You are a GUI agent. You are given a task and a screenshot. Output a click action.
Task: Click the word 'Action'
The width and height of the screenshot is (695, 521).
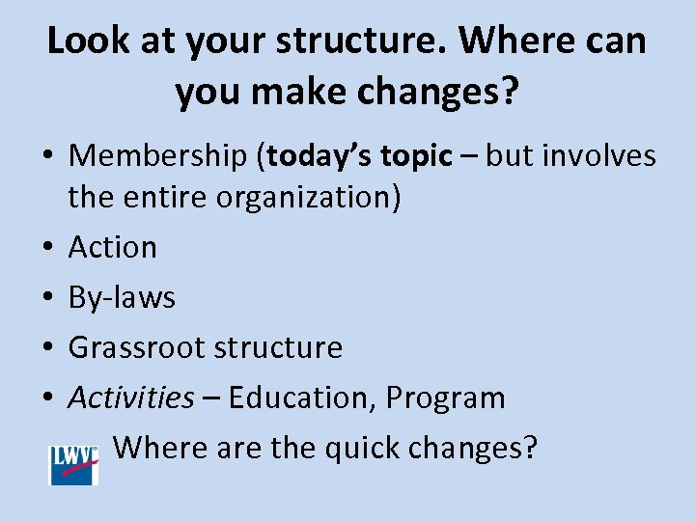112,247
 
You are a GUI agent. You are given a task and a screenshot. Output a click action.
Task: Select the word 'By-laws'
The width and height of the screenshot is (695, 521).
122,297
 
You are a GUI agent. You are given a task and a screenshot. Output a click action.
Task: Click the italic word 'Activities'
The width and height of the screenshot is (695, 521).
130,398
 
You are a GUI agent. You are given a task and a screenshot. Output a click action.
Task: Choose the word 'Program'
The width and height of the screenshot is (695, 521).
454,398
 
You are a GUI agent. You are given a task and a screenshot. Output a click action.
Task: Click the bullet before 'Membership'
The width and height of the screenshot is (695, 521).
46,156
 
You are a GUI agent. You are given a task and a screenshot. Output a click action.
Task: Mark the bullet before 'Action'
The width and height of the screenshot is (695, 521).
46,248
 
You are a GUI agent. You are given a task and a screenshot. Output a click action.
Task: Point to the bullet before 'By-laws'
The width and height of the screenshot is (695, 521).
46,298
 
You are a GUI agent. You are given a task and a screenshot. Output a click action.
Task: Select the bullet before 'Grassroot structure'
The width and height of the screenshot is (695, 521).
46,348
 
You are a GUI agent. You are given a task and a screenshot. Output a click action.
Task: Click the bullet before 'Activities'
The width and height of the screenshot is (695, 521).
46,398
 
